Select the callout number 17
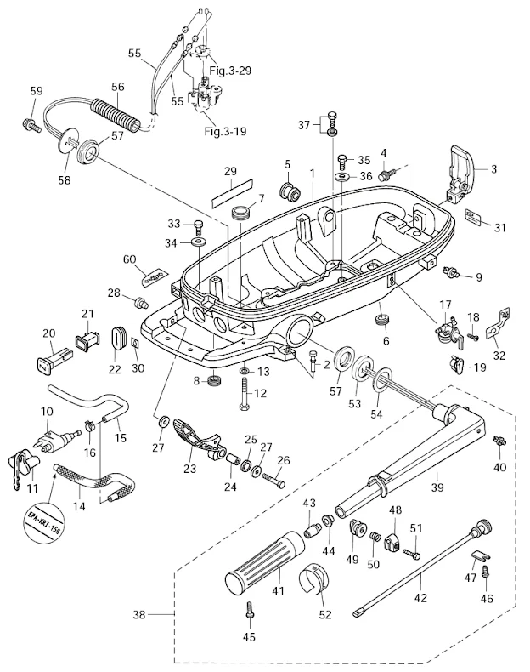pyautogui.click(x=445, y=304)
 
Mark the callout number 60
pyautogui.click(x=129, y=259)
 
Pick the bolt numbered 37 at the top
pyautogui.click(x=332, y=117)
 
